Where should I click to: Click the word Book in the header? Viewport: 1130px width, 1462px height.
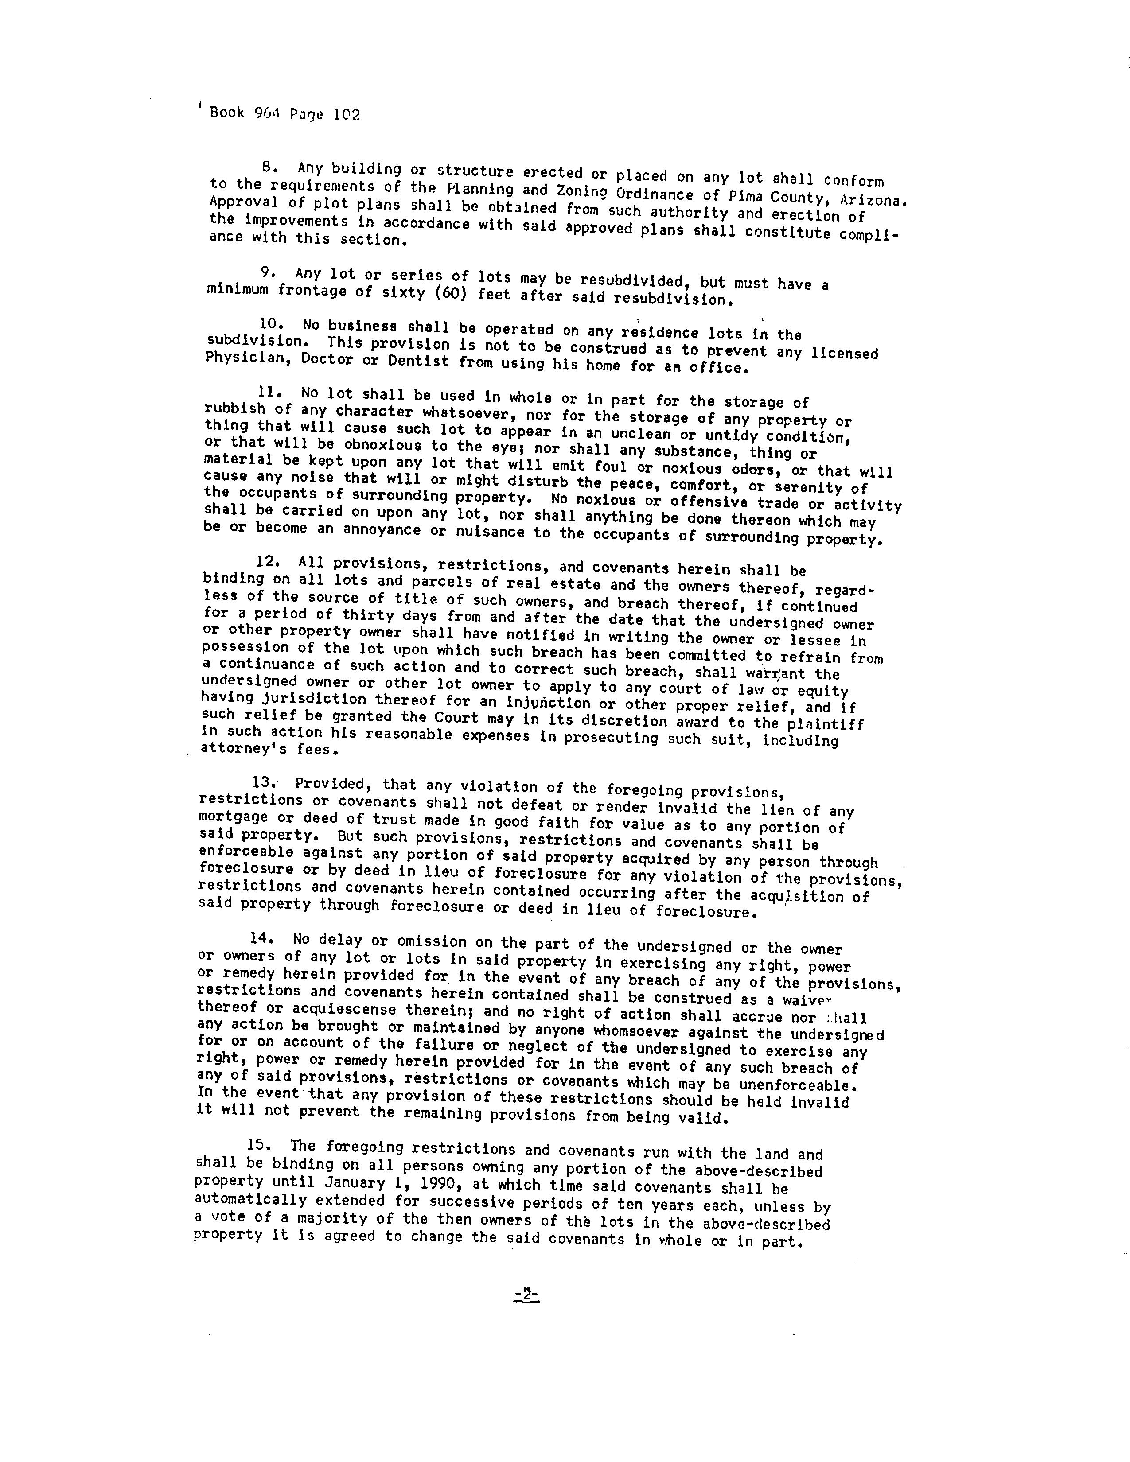pos(227,113)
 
